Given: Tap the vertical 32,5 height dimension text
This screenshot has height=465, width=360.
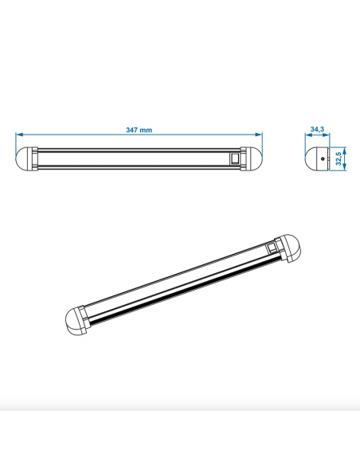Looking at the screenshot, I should [x=340, y=158].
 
